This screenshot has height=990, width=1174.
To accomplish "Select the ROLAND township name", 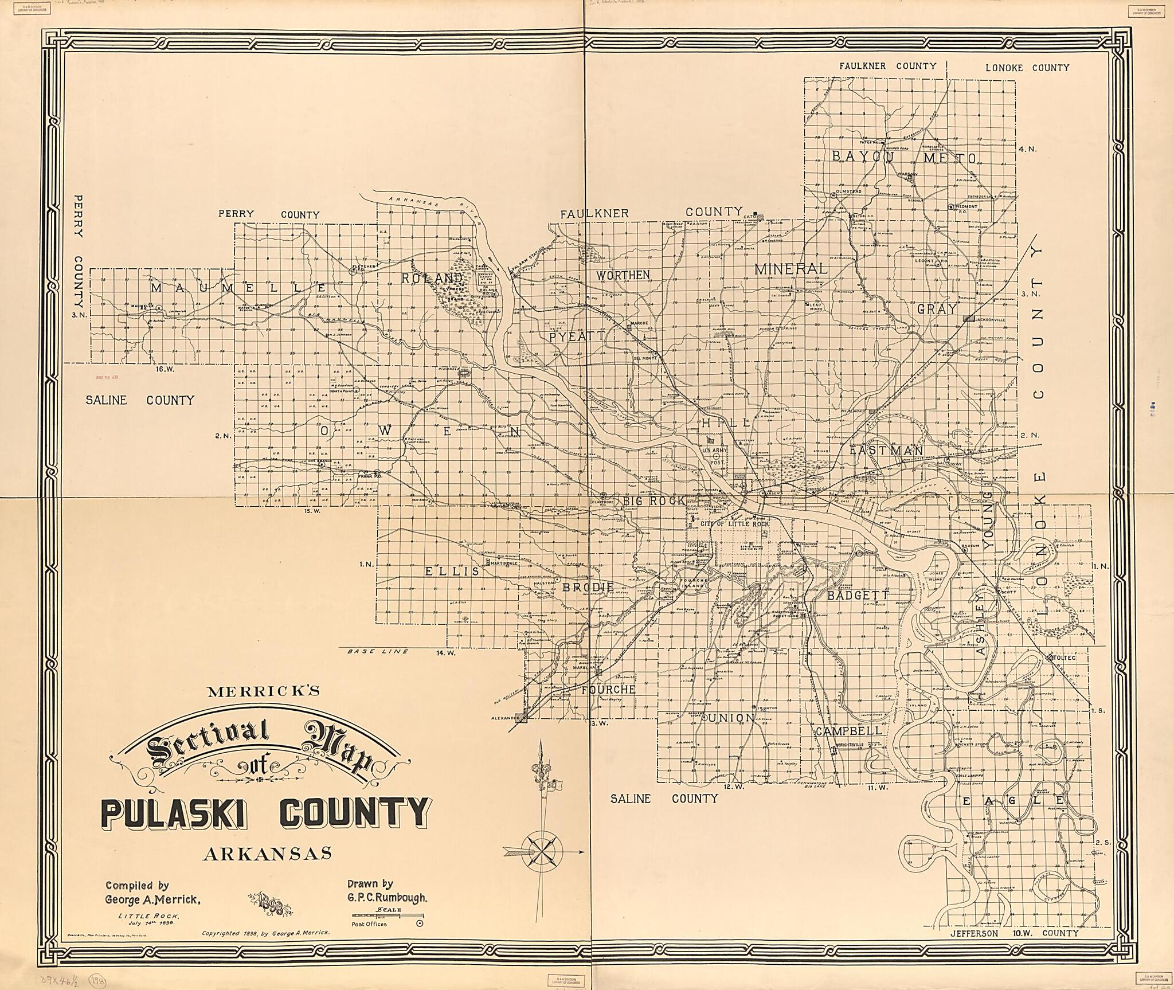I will (x=432, y=278).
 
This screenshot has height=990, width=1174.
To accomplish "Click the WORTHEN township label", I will (x=623, y=275).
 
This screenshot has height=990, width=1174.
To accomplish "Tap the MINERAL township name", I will (x=791, y=268).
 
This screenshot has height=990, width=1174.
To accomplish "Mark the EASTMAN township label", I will (x=886, y=451).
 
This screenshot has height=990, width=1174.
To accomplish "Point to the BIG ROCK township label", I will (x=654, y=500).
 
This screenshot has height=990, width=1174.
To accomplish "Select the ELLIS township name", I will (x=444, y=571).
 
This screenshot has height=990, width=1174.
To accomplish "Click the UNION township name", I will (x=732, y=718).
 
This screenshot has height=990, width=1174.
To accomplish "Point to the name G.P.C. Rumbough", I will (x=387, y=898).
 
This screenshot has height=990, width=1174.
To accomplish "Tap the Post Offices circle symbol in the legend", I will (x=419, y=924).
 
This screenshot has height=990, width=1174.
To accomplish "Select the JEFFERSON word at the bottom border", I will (x=975, y=949).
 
